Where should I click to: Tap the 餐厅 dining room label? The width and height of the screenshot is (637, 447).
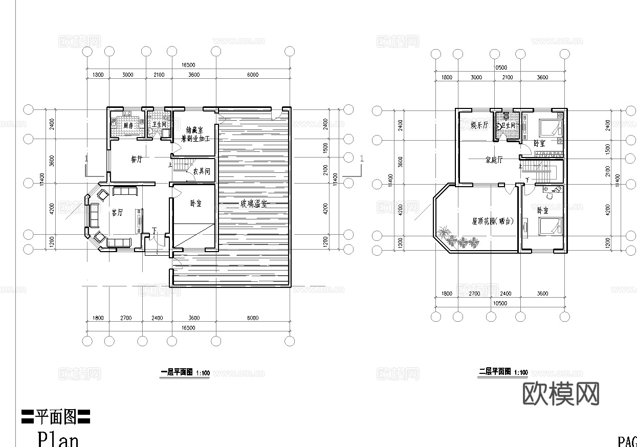[x=136, y=160]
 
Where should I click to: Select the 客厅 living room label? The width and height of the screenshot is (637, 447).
[x=117, y=213]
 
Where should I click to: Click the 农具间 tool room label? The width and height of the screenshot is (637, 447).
[x=202, y=171]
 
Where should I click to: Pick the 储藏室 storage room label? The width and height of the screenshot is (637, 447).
[x=195, y=130]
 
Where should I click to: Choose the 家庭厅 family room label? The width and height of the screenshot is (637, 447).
[x=494, y=160]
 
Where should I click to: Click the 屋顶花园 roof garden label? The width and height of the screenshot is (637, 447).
[x=493, y=221]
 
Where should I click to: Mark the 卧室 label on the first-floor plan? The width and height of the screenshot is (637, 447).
[x=195, y=203]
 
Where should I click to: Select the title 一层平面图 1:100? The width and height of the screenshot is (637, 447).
[x=185, y=373]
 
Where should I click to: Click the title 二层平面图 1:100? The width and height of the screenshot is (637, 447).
[x=503, y=372]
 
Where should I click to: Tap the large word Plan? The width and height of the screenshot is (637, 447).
[x=58, y=439]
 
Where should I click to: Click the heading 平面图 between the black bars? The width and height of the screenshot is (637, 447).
[x=56, y=417]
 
